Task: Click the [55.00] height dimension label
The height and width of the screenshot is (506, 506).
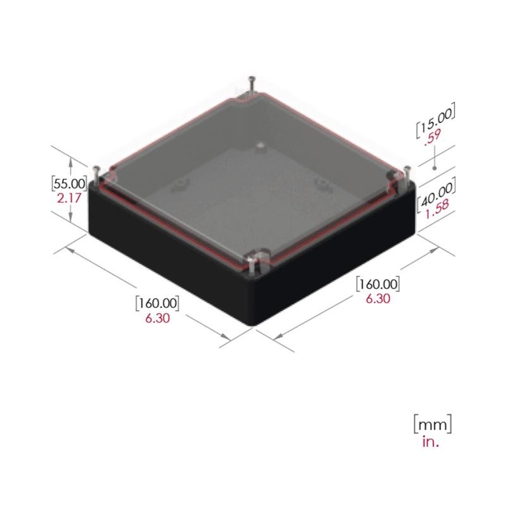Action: (68, 183)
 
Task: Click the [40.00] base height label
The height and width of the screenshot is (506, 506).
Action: (436, 192)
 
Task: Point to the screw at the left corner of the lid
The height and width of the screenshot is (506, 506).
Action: (96, 172)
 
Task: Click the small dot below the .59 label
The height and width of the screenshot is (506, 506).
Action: (435, 168)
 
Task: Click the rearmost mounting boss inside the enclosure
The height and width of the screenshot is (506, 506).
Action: (260, 146)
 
